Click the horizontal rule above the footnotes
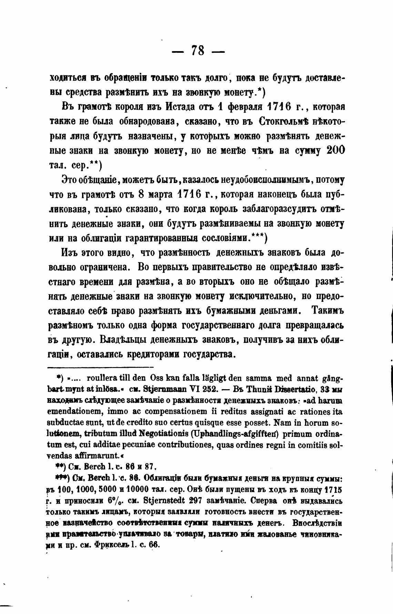tap(100, 367)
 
